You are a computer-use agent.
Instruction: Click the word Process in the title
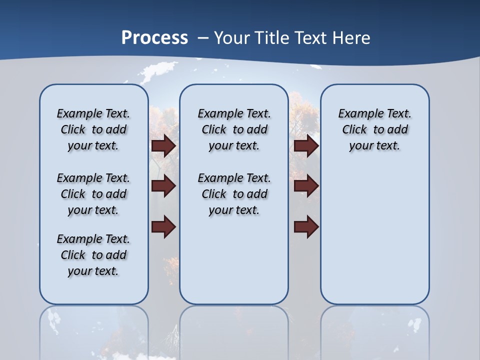click(154, 37)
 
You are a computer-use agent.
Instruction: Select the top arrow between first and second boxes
click(163, 146)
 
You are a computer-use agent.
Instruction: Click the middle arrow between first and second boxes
click(163, 186)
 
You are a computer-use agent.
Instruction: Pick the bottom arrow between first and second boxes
click(163, 227)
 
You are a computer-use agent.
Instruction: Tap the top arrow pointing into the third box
click(306, 146)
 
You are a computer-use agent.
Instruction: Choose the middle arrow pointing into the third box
click(306, 186)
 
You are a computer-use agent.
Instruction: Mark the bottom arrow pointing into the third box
click(306, 227)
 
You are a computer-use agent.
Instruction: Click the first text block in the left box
click(93, 129)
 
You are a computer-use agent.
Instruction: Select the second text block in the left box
click(93, 194)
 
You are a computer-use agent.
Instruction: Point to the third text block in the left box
click(93, 255)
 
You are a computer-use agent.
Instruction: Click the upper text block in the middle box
click(234, 129)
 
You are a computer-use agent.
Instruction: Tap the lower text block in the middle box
click(234, 194)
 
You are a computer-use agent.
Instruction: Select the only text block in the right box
click(374, 129)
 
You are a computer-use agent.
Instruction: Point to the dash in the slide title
click(203, 37)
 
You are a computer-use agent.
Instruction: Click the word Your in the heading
click(232, 37)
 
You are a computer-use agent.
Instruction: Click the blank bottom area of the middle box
click(234, 265)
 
